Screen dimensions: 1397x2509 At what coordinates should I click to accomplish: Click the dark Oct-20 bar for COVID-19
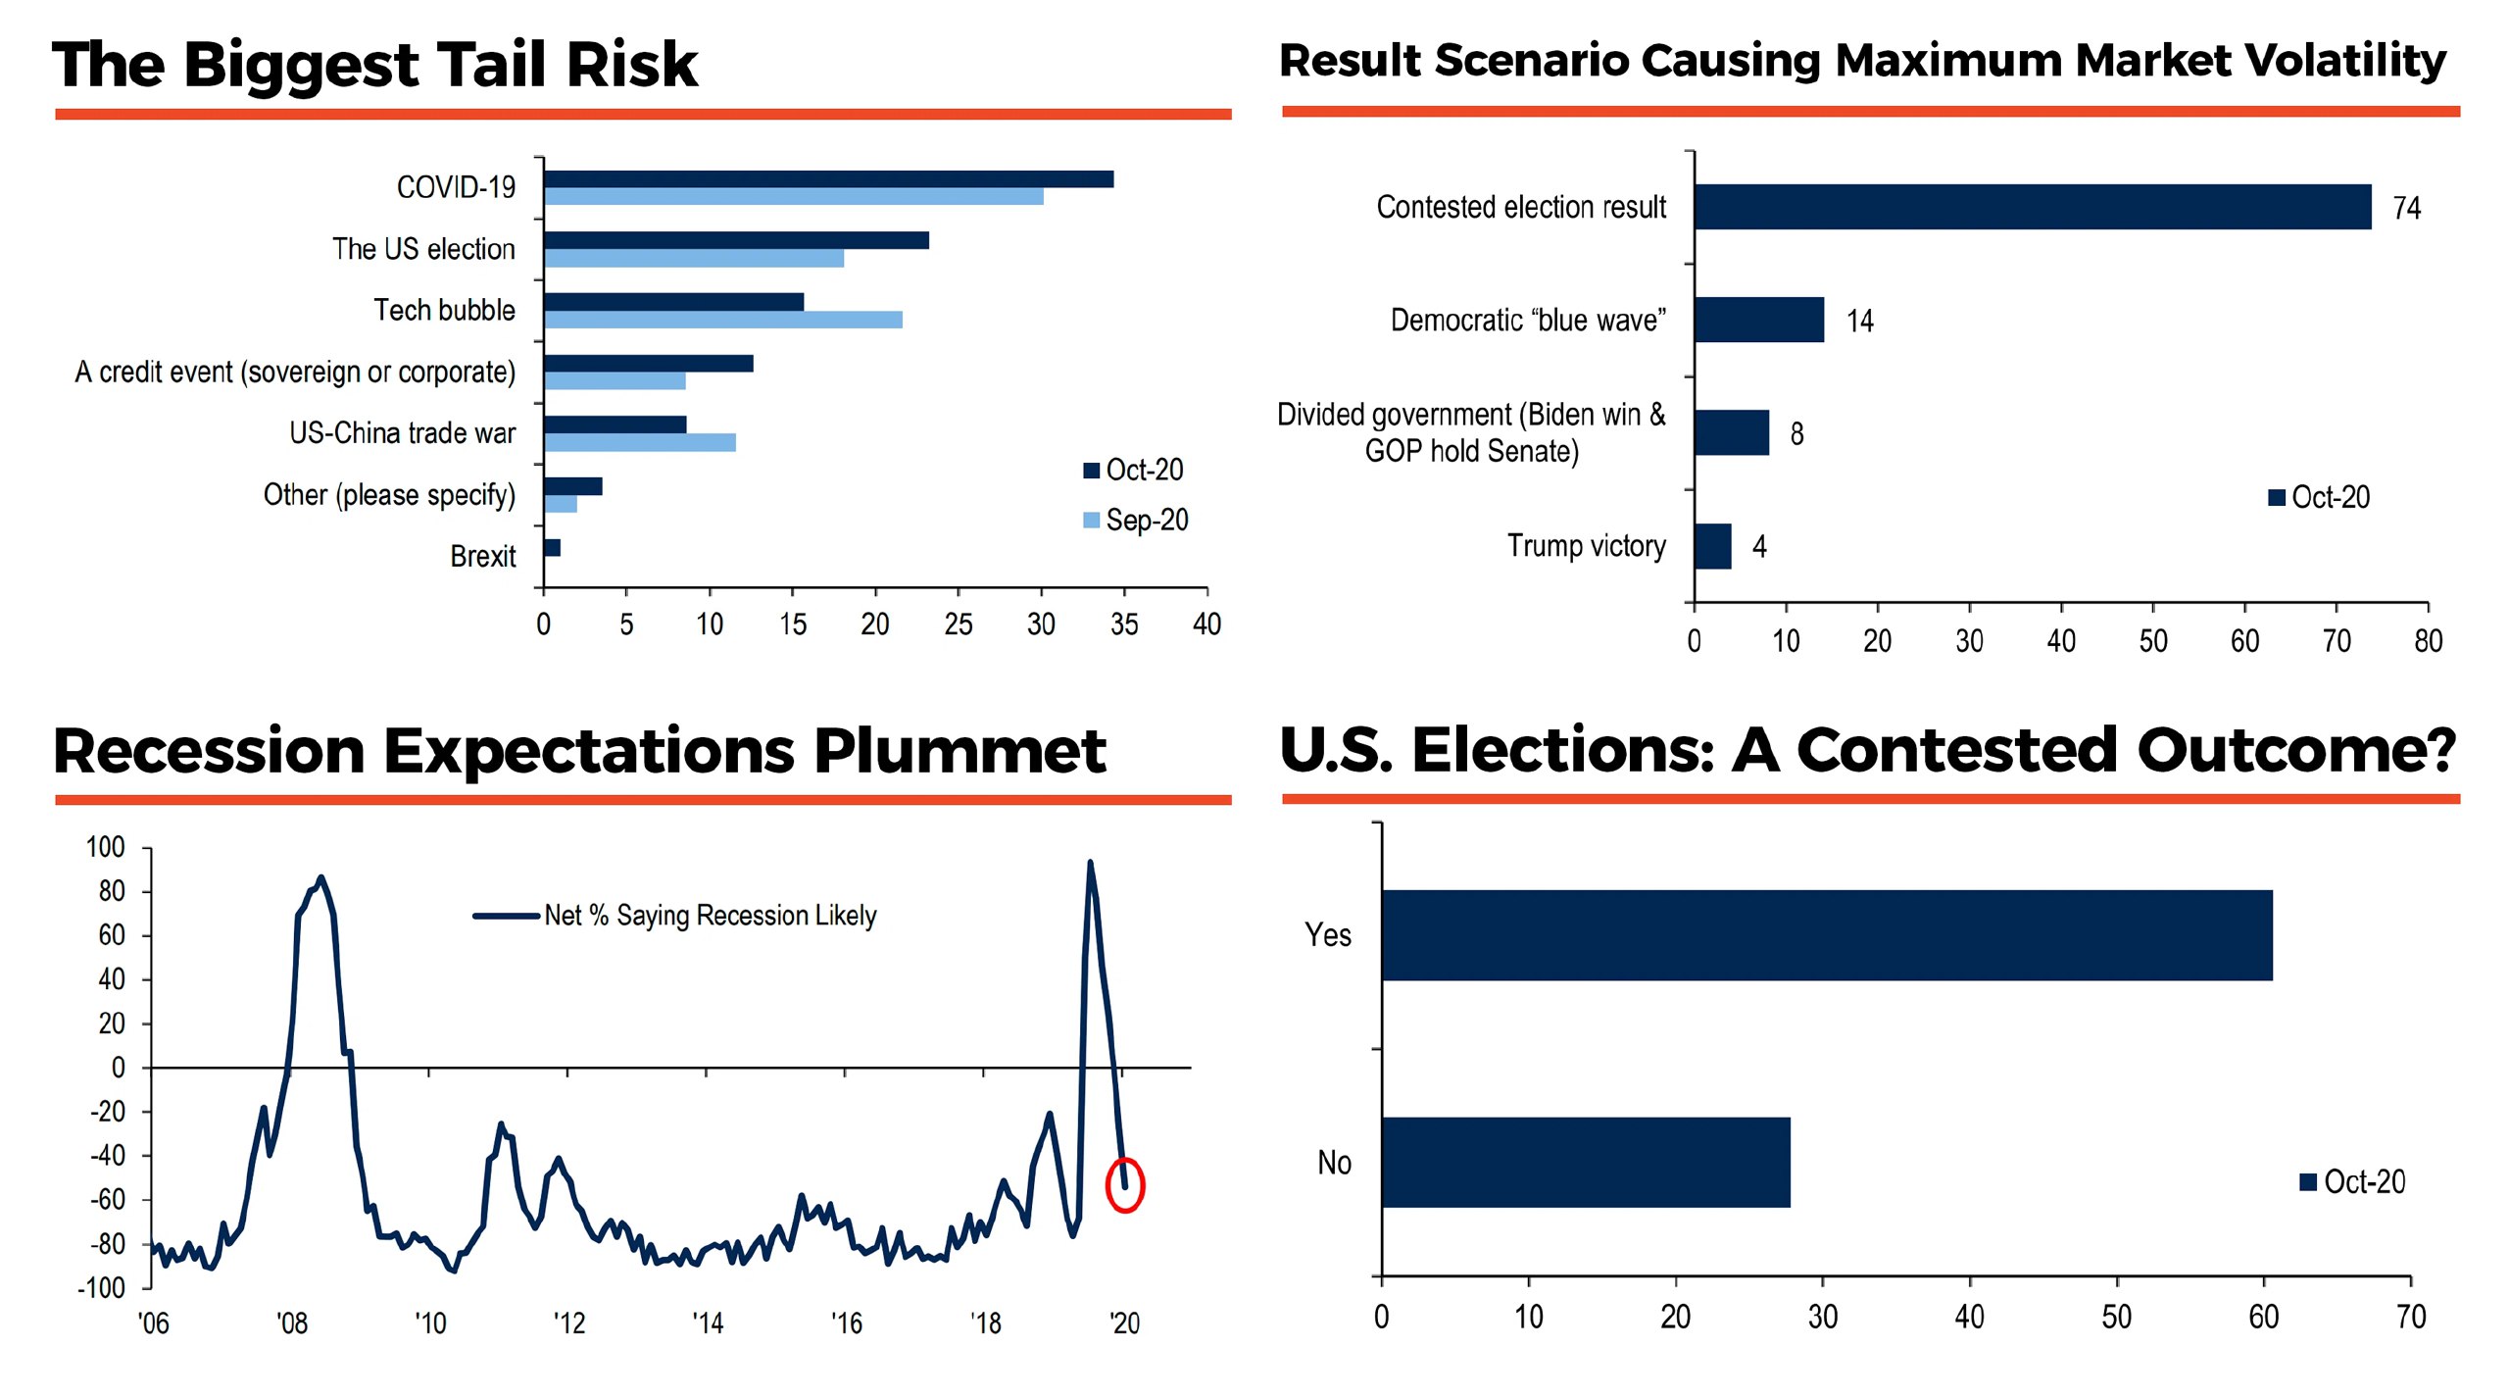point(828,179)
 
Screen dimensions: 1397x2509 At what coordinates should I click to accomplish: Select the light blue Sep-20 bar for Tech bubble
point(723,320)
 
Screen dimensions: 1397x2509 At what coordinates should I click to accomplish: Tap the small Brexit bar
point(553,548)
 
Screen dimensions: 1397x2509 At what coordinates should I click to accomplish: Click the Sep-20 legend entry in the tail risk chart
point(1136,521)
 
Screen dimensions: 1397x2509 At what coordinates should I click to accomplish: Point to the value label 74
point(2406,209)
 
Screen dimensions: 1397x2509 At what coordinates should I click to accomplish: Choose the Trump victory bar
point(1712,546)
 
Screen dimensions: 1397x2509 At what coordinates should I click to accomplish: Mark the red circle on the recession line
point(1124,1185)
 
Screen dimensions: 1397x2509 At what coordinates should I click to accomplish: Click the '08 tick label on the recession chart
point(292,1324)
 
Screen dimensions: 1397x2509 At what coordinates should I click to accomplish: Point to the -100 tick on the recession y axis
point(102,1288)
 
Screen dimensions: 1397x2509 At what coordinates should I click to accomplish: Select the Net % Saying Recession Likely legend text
point(710,916)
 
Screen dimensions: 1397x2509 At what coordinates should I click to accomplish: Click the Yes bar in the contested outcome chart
point(1827,935)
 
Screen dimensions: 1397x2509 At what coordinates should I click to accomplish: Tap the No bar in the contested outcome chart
point(1586,1163)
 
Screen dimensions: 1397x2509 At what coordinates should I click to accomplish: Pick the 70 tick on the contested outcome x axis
point(2410,1317)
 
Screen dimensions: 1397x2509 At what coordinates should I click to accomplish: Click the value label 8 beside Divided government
point(1796,433)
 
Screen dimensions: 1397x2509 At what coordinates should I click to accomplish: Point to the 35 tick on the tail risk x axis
point(1124,624)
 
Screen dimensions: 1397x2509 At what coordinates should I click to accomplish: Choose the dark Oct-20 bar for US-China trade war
point(615,424)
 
